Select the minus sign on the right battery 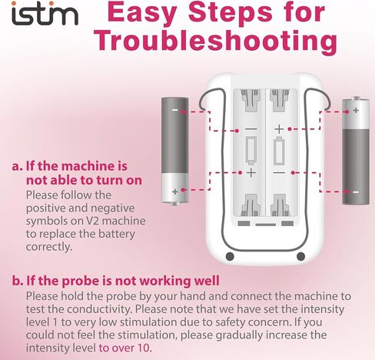(x=354, y=190)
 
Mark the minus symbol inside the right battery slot (x=278, y=172)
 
